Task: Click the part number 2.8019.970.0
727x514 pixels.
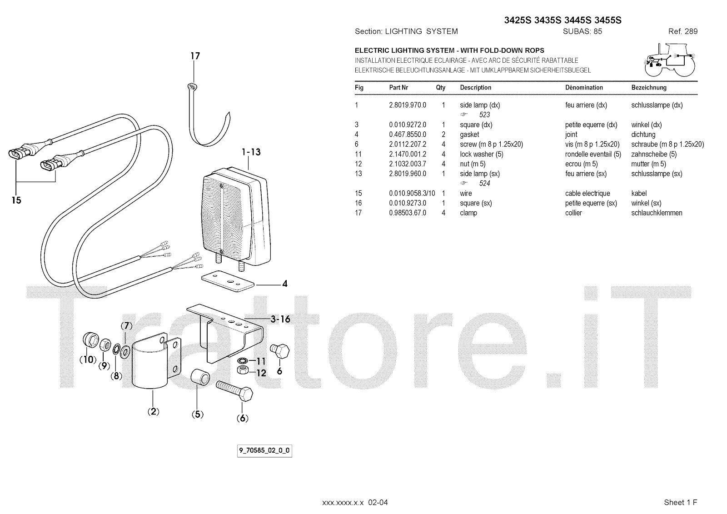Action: (407, 105)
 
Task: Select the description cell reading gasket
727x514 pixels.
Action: (469, 135)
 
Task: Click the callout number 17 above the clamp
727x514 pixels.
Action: (195, 56)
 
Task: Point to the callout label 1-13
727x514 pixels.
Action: (251, 152)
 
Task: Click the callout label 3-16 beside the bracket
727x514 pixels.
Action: (280, 319)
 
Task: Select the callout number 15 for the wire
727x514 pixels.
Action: (16, 200)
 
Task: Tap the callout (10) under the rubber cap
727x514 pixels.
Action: (88, 359)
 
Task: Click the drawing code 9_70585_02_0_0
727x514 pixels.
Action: (264, 451)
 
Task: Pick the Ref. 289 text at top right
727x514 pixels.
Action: (682, 31)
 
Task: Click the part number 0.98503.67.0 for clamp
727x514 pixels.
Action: (407, 213)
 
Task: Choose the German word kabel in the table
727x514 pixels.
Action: (639, 193)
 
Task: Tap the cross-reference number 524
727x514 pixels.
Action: (484, 184)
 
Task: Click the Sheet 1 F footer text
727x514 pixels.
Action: (680, 502)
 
